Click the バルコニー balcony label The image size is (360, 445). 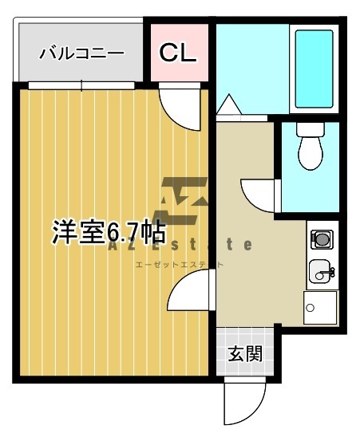(x=81, y=53)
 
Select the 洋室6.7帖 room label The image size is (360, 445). (x=109, y=232)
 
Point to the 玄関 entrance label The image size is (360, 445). (x=245, y=353)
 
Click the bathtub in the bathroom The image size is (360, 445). (x=314, y=69)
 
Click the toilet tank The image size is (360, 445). (x=311, y=129)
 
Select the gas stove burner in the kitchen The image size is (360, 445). (x=322, y=239)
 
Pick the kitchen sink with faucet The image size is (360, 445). (x=322, y=271)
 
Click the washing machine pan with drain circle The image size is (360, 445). (x=320, y=308)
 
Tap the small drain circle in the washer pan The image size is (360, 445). (x=310, y=308)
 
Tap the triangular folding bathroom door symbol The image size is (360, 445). (x=229, y=104)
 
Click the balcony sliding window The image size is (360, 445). (x=81, y=85)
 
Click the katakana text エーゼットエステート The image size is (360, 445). (x=180, y=265)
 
